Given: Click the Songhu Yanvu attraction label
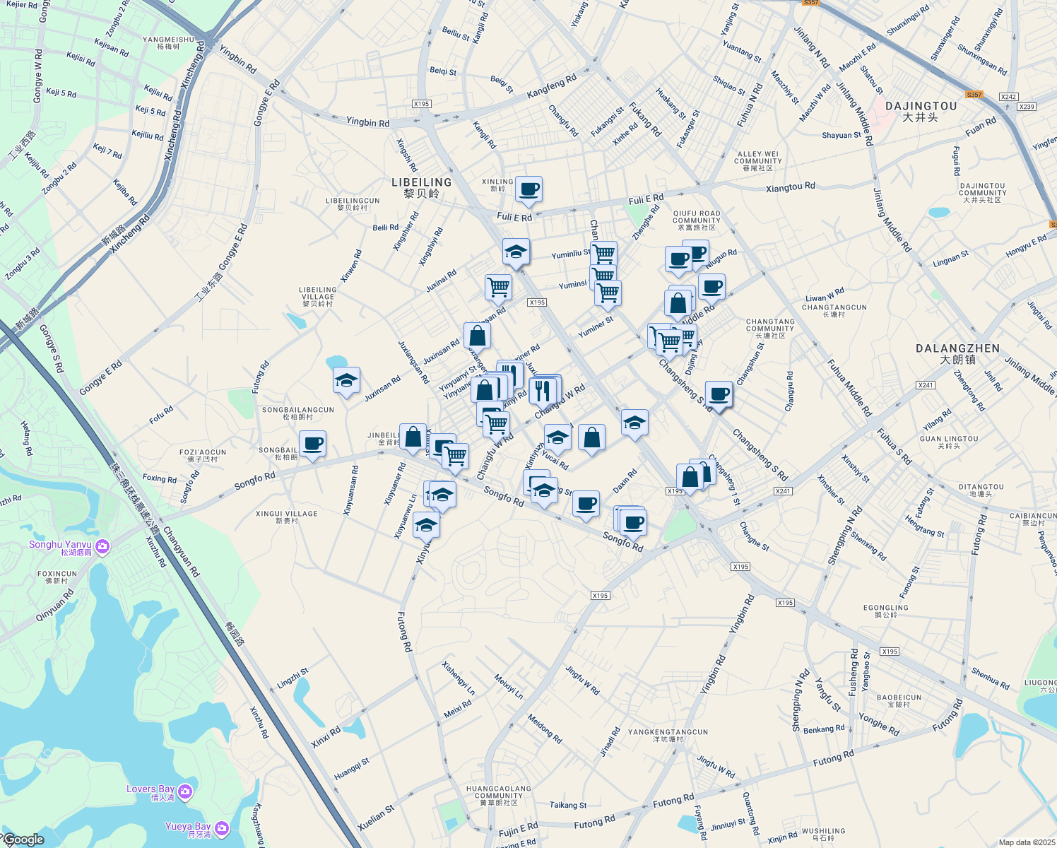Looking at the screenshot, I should (61, 545).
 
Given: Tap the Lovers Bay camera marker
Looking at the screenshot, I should (185, 792).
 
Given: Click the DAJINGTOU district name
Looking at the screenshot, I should (921, 106).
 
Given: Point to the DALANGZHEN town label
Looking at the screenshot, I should (957, 348).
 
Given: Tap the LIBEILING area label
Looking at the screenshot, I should (421, 182).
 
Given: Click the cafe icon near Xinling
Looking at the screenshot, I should (528, 189).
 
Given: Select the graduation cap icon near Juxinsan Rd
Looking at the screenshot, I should (346, 381).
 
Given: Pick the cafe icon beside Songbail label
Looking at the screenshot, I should (312, 444).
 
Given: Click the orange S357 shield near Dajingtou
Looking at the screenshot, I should (974, 95).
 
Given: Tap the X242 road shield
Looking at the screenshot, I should (1008, 97).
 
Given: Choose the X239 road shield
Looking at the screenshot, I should (1026, 107).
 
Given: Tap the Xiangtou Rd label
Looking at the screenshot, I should (791, 187).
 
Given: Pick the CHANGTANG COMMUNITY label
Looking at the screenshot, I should (770, 326).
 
